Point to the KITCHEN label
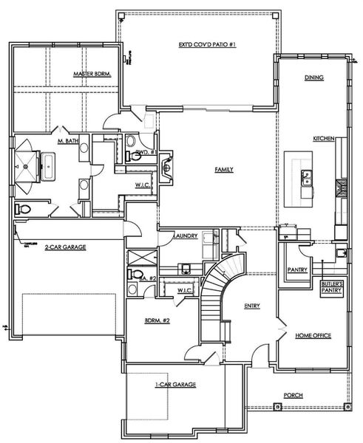tap(323, 139)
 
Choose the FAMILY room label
tap(224, 169)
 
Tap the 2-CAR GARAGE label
tap(65, 247)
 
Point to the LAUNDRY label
tap(185, 236)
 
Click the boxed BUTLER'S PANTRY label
tap(329, 287)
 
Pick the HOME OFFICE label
tap(313, 336)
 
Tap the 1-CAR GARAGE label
tap(174, 385)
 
